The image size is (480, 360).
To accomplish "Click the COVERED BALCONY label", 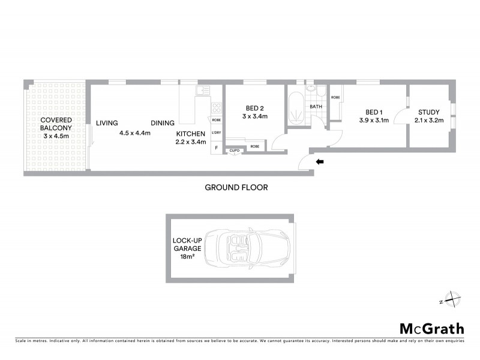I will (x=56, y=123).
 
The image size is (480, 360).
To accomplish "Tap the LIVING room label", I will (x=107, y=123).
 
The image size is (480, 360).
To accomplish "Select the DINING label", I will (x=163, y=123).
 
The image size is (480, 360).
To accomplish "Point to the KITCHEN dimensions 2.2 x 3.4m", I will (x=191, y=142).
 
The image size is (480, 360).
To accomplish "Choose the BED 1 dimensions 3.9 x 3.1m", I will (x=374, y=121).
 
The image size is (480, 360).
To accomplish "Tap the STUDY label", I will (x=429, y=112).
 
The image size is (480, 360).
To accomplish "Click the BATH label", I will (x=316, y=107).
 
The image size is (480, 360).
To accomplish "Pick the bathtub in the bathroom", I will (x=295, y=109).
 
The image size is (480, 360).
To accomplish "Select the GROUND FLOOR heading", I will (x=236, y=187).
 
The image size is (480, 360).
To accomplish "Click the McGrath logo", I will (x=431, y=328).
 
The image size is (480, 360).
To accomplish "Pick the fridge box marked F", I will (x=216, y=146).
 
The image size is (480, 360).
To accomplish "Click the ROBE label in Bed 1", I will (x=335, y=97).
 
